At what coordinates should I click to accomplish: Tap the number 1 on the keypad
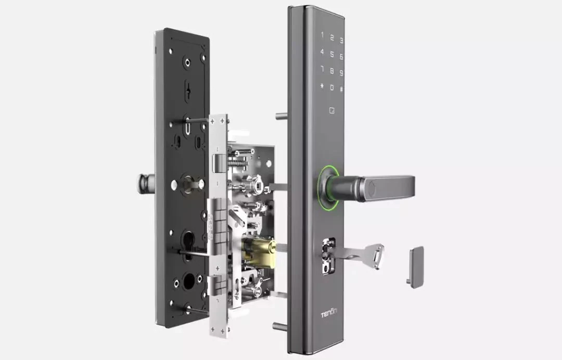click(x=322, y=35)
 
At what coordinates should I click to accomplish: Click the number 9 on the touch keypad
click(x=341, y=73)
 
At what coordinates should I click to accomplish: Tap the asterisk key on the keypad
click(x=322, y=86)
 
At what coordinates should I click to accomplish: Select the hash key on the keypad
click(x=341, y=89)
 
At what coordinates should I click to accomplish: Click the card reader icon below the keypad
click(x=332, y=111)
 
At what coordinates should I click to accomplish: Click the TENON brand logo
click(x=329, y=314)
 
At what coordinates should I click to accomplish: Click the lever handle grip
click(x=387, y=188)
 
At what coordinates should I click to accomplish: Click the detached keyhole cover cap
click(x=416, y=267)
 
